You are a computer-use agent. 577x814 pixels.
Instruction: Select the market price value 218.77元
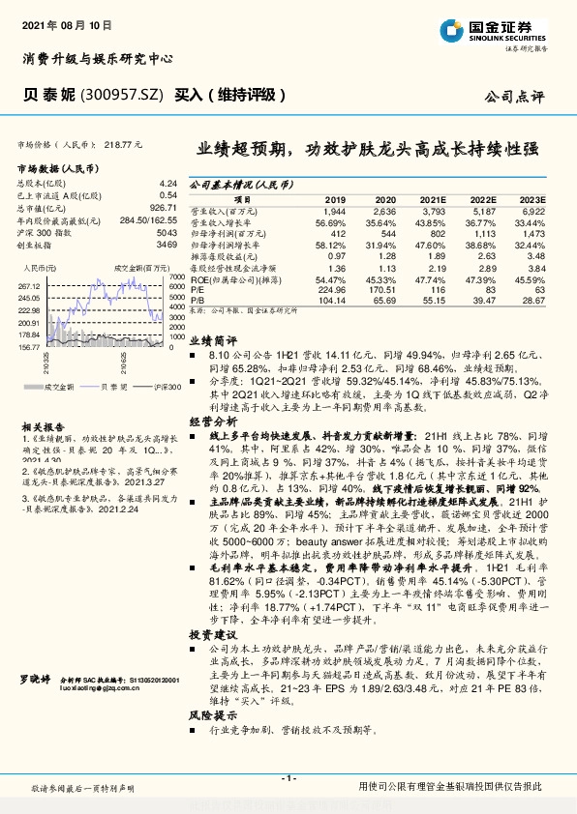coord(122,144)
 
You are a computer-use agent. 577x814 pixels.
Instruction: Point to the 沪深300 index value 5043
coord(167,234)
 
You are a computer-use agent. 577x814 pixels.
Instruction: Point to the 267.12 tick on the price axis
coord(30,287)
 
